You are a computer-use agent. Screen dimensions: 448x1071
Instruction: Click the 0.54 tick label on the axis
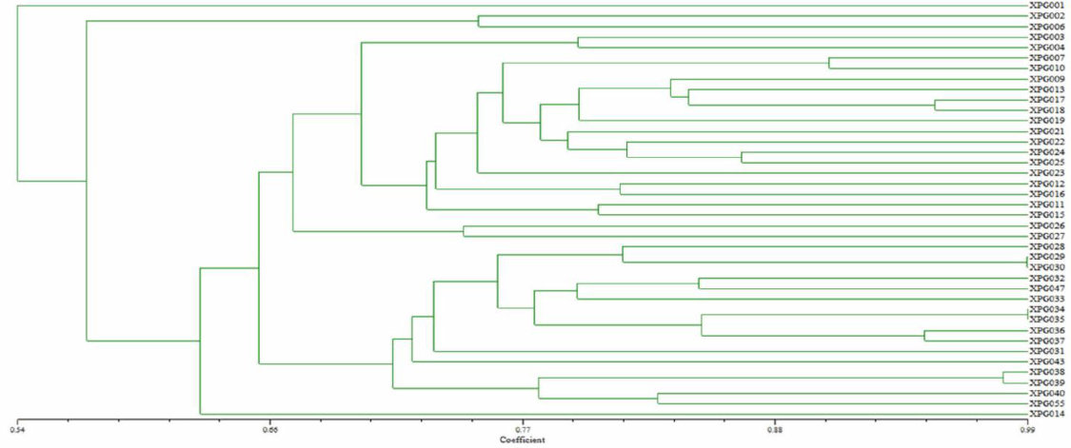[x=16, y=430]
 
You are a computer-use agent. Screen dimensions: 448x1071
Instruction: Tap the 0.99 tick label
[x=1026, y=430]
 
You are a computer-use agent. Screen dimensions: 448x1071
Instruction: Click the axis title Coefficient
[x=522, y=440]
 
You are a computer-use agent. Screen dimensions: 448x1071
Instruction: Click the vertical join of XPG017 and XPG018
[x=935, y=105]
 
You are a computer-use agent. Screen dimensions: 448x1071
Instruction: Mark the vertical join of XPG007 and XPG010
[x=829, y=63]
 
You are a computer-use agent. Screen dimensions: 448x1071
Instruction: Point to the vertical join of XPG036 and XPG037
[x=924, y=335]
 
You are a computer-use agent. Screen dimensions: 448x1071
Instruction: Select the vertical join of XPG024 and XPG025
[x=742, y=157]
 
